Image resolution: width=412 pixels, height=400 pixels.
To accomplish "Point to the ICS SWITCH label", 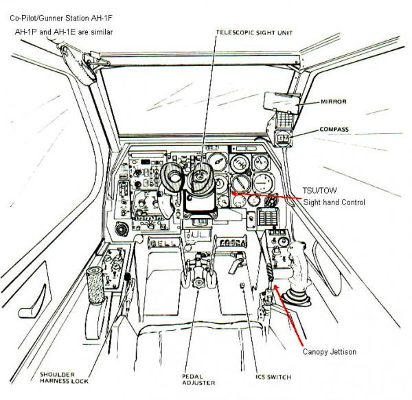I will [264, 377].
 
